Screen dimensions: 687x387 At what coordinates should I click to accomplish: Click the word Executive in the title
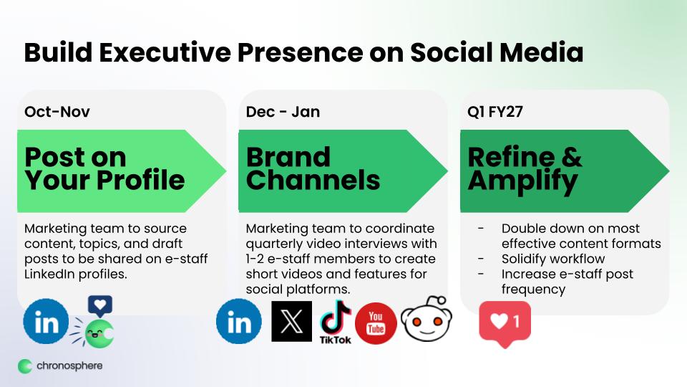(165, 52)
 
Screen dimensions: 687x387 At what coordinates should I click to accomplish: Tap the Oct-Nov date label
(57, 112)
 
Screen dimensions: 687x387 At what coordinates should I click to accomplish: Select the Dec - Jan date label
(283, 112)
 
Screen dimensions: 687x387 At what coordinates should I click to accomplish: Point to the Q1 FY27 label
(495, 112)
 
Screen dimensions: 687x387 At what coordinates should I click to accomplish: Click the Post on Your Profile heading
(104, 169)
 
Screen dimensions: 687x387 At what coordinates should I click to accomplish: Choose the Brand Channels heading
(313, 169)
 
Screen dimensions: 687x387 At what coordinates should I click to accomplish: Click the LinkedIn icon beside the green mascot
(46, 321)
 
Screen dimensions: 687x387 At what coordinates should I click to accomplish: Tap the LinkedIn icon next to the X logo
(239, 321)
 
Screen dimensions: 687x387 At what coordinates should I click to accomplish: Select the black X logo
(292, 321)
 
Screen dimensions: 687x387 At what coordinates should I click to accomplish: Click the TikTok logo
(336, 322)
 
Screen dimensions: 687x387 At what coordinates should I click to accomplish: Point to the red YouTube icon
(376, 323)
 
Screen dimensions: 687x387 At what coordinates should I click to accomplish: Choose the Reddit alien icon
(427, 320)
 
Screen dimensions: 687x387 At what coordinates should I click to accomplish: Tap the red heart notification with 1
(505, 324)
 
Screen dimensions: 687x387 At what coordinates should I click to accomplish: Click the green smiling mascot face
(99, 333)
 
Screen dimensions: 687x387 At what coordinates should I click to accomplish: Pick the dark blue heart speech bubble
(100, 306)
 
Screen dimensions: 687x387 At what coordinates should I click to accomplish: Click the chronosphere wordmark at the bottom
(69, 366)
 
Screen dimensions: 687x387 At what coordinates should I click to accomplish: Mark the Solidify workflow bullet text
(553, 259)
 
